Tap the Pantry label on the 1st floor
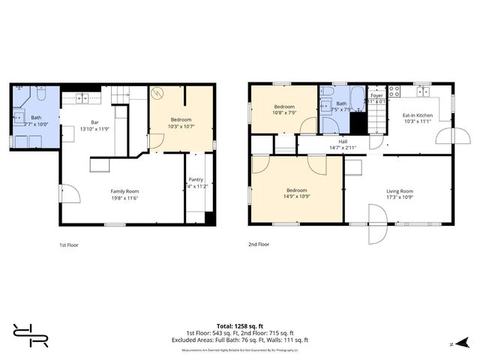tap(196, 179)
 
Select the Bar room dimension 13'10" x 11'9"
tap(95, 128)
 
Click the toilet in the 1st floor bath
tap(42, 93)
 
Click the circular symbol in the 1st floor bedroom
tap(158, 94)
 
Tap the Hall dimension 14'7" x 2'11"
tap(342, 148)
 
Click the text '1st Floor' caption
tap(68, 244)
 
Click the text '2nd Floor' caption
tap(258, 244)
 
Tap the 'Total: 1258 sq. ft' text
tap(240, 326)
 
